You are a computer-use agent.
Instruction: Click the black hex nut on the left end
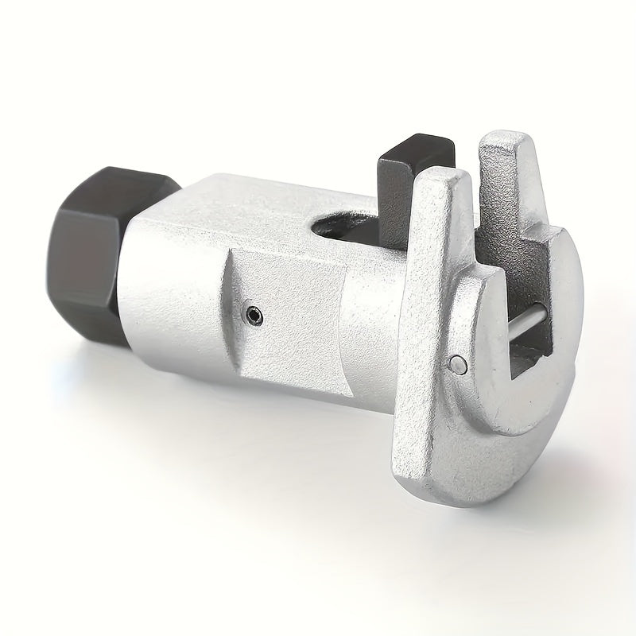pos(91,246)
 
